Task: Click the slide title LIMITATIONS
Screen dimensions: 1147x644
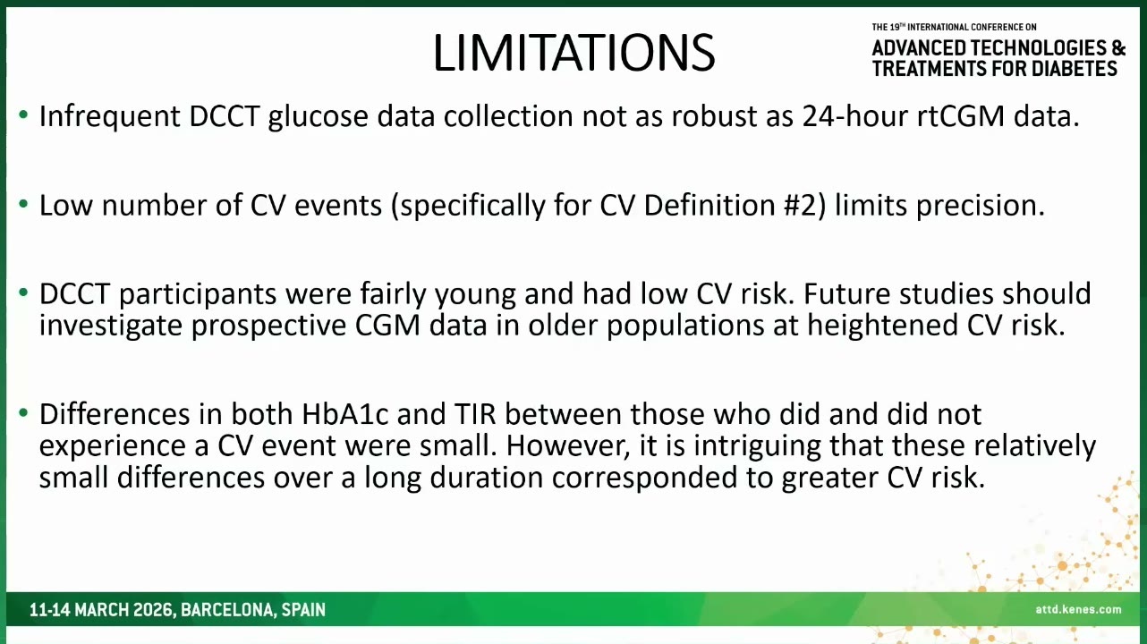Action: click(x=573, y=54)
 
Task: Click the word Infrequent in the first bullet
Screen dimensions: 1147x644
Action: click(x=109, y=116)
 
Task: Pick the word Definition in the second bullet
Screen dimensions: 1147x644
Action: click(x=709, y=206)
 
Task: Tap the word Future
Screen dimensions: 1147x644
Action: click(x=847, y=294)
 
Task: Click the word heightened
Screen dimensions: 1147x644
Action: click(x=882, y=326)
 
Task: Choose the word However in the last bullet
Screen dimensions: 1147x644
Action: click(x=568, y=446)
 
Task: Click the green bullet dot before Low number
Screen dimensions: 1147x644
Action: click(x=23, y=204)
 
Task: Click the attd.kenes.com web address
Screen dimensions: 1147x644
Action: click(x=1078, y=609)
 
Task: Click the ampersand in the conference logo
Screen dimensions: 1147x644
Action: click(x=1118, y=48)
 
